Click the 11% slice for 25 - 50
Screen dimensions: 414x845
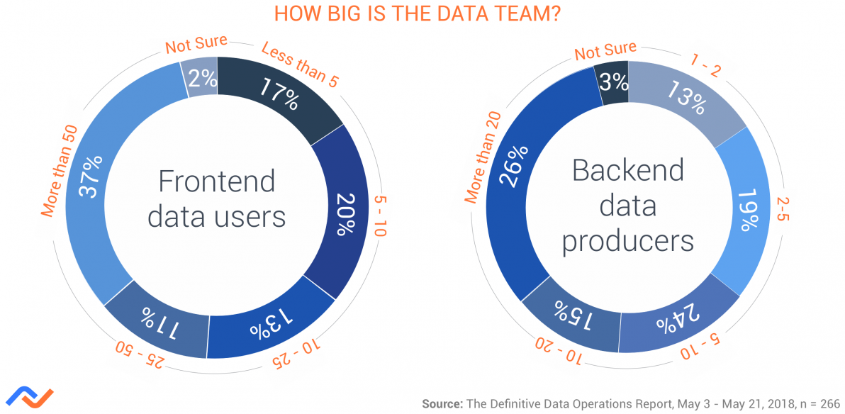click(x=157, y=323)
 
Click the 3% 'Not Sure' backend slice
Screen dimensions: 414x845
click(x=612, y=81)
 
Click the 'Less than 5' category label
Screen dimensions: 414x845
click(x=298, y=64)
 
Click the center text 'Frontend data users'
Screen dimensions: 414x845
click(x=216, y=198)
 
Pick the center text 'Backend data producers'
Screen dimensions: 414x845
click(x=628, y=206)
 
